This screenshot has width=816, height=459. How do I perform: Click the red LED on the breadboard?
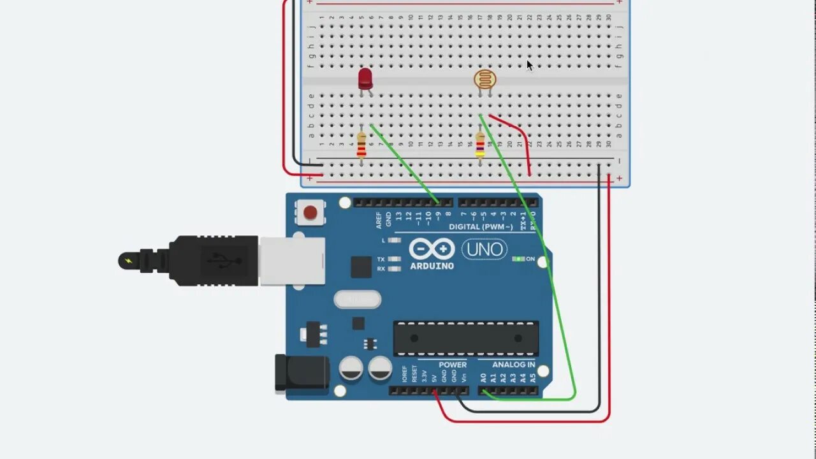365,78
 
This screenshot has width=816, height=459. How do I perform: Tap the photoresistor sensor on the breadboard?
484,80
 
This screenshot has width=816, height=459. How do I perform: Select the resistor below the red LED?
361,145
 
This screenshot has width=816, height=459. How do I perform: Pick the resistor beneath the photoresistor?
480,145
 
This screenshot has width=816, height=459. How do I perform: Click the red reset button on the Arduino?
310,213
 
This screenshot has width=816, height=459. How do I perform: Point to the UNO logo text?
484,249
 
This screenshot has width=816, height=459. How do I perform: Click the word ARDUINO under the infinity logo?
432,266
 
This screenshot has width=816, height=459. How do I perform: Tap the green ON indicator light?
518,259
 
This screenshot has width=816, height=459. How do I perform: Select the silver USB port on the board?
292,261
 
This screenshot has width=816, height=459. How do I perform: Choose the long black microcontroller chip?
465,338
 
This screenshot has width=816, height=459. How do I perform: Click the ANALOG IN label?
514,365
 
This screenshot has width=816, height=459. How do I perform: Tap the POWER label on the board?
452,365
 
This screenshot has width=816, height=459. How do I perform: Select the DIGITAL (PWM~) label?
481,227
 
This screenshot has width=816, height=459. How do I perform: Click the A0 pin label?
483,377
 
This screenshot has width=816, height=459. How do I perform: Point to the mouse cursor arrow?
529,65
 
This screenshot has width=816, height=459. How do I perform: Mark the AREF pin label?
379,220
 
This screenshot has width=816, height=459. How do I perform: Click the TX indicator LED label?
381,259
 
